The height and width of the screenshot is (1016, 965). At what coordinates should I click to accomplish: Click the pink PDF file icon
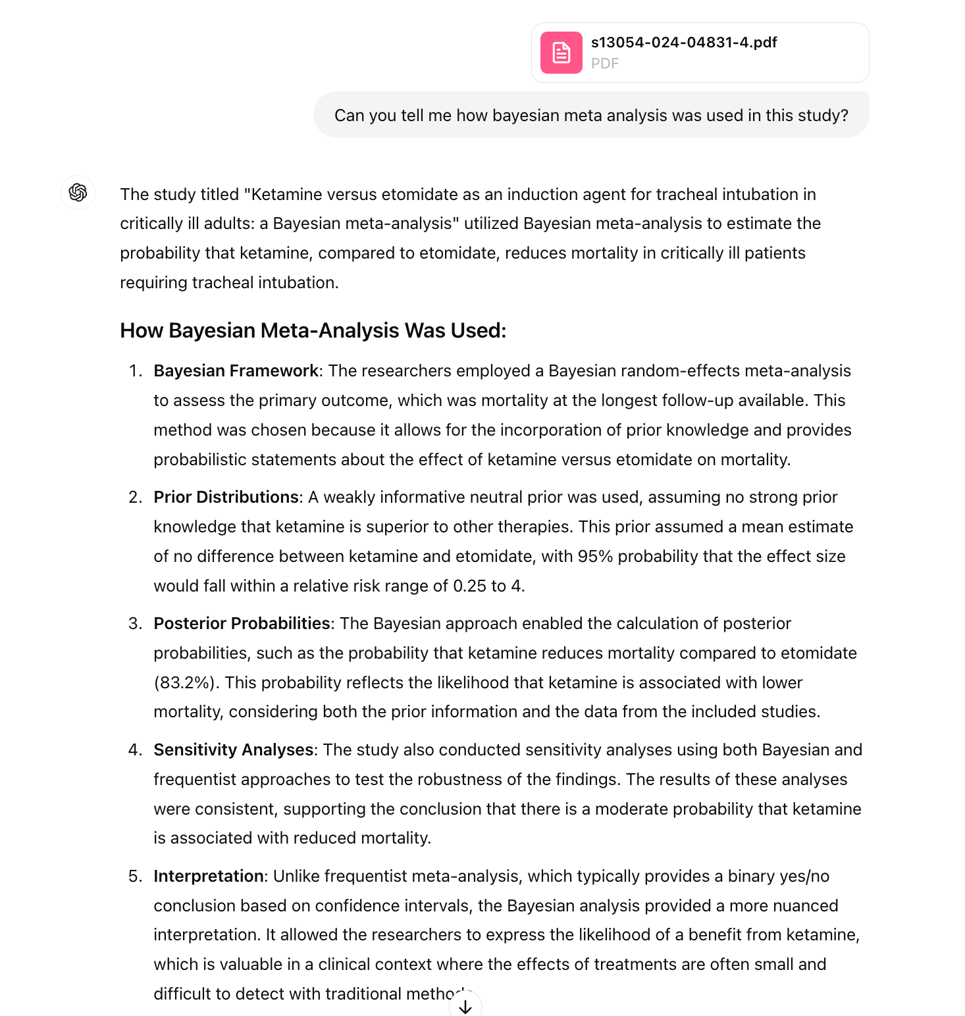point(561,53)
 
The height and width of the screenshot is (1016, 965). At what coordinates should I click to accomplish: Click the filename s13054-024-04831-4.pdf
point(683,43)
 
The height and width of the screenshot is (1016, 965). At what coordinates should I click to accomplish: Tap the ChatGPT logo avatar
point(78,193)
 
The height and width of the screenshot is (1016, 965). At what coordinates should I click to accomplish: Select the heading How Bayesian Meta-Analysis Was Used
point(313,330)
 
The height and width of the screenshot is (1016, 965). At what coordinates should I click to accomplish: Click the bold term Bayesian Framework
point(236,371)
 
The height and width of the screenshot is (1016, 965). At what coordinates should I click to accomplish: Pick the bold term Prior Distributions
point(226,497)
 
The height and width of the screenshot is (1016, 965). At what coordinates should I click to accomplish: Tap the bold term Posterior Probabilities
point(242,624)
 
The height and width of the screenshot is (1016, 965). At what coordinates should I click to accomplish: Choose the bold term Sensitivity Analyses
point(234,750)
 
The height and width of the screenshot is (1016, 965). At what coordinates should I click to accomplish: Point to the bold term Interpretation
point(209,876)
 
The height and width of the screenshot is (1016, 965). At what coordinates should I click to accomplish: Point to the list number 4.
point(135,750)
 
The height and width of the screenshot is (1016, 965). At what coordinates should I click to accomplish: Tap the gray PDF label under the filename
point(605,64)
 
